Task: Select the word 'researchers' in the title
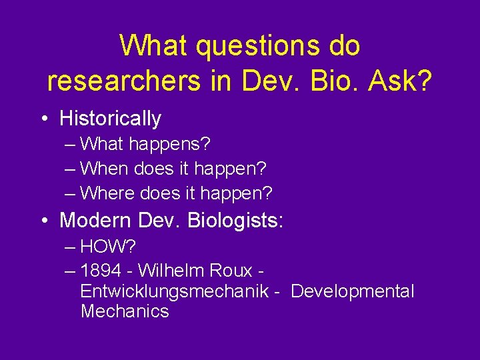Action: pyautogui.click(x=123, y=81)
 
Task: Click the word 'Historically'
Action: pyautogui.click(x=110, y=119)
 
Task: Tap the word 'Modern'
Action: pyautogui.click(x=96, y=219)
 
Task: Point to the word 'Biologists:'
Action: pyautogui.click(x=236, y=219)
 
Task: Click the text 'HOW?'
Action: pyautogui.click(x=108, y=247)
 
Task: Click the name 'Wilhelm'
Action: pyautogui.click(x=173, y=271)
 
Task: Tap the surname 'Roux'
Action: pyautogui.click(x=231, y=271)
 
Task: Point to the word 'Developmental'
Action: pyautogui.click(x=353, y=291)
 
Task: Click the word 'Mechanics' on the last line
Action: pyautogui.click(x=125, y=311)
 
